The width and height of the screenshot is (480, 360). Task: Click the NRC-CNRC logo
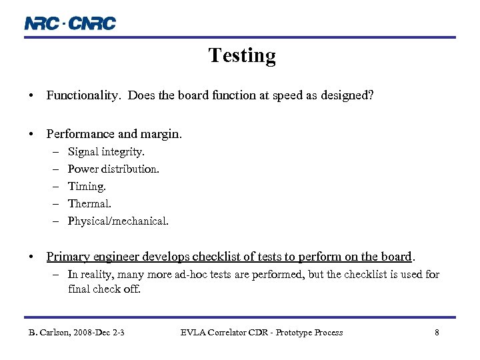[x=70, y=23]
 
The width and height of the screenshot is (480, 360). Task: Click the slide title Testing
[x=241, y=55]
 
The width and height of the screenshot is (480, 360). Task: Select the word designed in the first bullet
[x=347, y=95]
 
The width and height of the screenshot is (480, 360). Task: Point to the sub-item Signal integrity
[x=106, y=152]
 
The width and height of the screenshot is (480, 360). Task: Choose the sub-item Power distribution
[x=113, y=169]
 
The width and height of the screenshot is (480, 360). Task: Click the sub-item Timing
[x=87, y=187]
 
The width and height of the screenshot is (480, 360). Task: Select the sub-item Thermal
[x=89, y=204]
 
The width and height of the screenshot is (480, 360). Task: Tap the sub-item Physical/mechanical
[x=118, y=221]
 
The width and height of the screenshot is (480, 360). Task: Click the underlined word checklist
[x=233, y=257]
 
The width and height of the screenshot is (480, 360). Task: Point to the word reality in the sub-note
[x=95, y=275]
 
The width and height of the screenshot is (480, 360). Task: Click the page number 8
[x=437, y=333]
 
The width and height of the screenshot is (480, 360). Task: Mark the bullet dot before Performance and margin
[x=32, y=134]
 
